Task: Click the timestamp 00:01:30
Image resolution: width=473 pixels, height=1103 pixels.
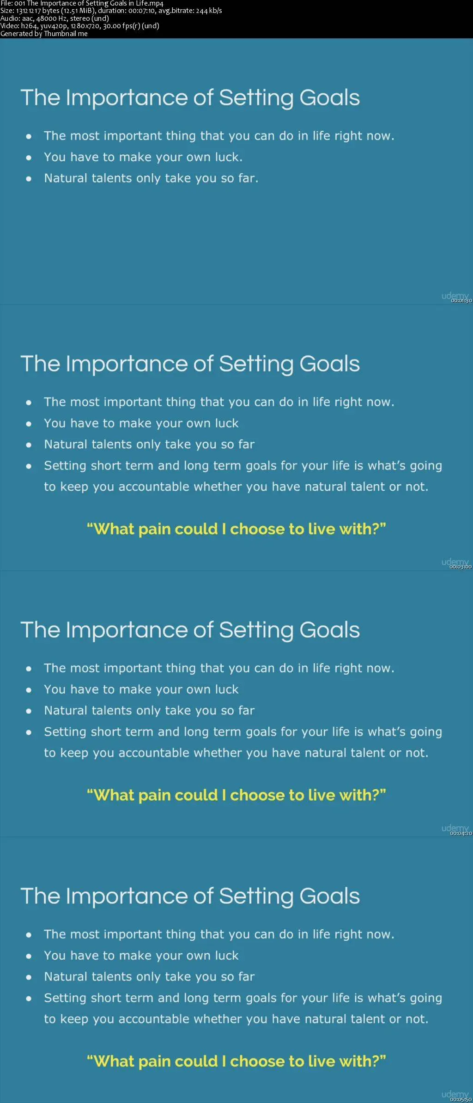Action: pyautogui.click(x=461, y=301)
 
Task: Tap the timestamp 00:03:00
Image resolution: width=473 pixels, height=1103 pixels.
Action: pyautogui.click(x=461, y=567)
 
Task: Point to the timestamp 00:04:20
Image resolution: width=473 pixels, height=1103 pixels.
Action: pyautogui.click(x=461, y=833)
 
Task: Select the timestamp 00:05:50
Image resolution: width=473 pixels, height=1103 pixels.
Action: pyautogui.click(x=461, y=1099)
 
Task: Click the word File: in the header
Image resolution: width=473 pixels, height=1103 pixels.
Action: pyautogui.click(x=6, y=4)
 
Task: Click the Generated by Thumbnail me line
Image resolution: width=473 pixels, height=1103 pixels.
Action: pyautogui.click(x=44, y=34)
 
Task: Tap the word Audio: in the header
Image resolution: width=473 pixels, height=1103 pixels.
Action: pyautogui.click(x=10, y=18)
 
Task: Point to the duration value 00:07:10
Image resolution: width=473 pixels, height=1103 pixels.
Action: pyautogui.click(x=141, y=11)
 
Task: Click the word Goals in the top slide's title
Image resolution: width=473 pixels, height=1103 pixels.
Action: pyautogui.click(x=329, y=98)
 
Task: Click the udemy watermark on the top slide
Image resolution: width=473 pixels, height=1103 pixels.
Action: pyautogui.click(x=455, y=296)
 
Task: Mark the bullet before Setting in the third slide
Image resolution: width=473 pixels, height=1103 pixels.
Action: pyautogui.click(x=29, y=732)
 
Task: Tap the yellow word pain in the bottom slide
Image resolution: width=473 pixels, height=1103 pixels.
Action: pyautogui.click(x=154, y=1061)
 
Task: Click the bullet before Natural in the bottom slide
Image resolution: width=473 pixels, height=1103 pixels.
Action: pyautogui.click(x=29, y=977)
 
